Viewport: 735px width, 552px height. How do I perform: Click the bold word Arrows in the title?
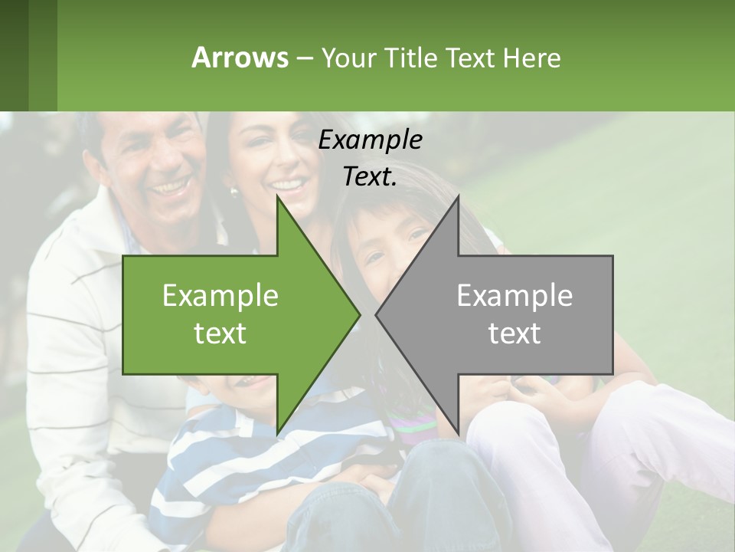[x=239, y=58]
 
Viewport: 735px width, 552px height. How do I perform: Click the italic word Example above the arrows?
[x=370, y=140]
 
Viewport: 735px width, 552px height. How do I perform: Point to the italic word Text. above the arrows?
[x=370, y=177]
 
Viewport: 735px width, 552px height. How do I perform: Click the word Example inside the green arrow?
[x=220, y=295]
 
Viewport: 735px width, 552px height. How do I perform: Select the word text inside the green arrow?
[x=220, y=333]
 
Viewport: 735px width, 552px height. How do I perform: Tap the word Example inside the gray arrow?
[x=514, y=295]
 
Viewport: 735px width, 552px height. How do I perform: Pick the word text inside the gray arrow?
[x=514, y=333]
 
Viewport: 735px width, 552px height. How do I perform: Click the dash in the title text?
[x=302, y=58]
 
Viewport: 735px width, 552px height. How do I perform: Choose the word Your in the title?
[x=348, y=58]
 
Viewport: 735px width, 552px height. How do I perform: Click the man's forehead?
[x=149, y=134]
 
